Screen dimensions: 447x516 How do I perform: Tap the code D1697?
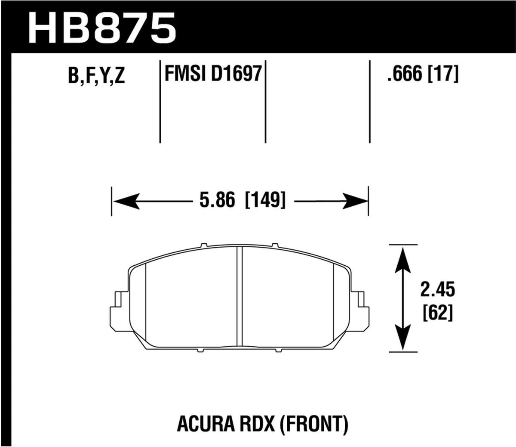click(236, 74)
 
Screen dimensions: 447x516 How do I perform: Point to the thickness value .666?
click(404, 74)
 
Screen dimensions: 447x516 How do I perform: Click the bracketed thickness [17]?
click(443, 74)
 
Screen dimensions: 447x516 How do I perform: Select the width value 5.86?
click(217, 201)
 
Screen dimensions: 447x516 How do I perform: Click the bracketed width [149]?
click(265, 201)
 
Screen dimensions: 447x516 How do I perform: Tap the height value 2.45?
click(437, 290)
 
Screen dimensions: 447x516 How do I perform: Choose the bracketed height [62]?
click(437, 313)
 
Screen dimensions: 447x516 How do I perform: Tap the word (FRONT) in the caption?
click(313, 424)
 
